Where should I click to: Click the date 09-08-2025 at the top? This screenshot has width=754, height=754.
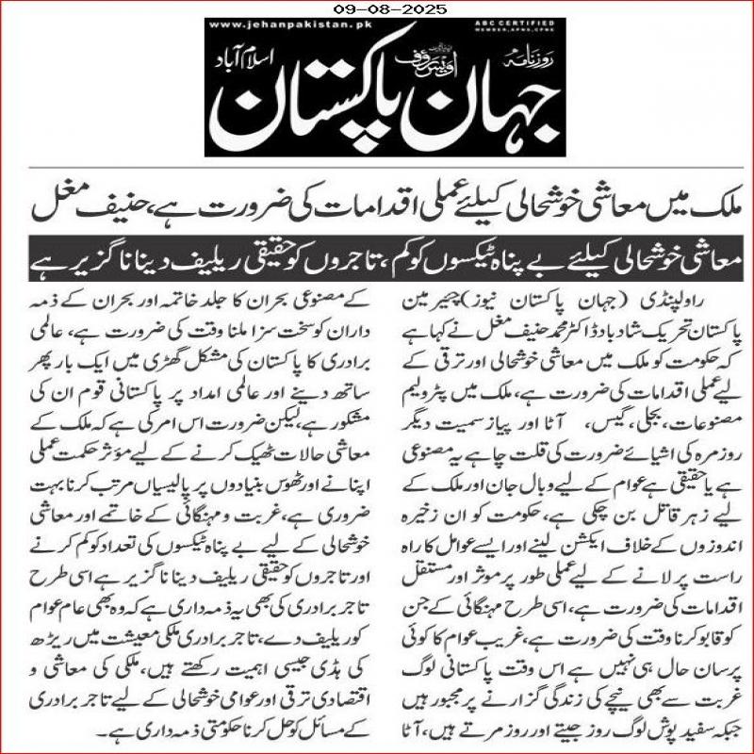(376, 10)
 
